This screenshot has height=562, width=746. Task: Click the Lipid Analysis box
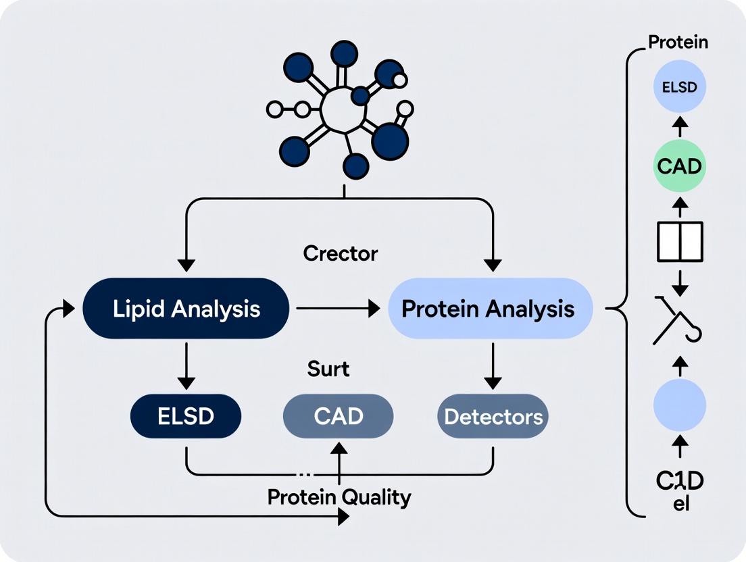[x=186, y=309]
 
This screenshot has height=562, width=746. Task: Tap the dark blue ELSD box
[x=186, y=416]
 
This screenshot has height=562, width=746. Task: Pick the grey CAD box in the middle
[x=338, y=416]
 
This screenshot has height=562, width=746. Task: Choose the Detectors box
[x=493, y=416]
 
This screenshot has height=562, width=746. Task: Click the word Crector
[x=340, y=254]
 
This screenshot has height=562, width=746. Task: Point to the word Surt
[x=328, y=369]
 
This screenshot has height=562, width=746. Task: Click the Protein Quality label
[x=339, y=497]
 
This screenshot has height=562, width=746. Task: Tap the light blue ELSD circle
[x=680, y=87]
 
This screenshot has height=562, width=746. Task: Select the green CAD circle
[x=680, y=166]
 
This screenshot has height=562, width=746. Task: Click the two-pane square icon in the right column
[x=680, y=241]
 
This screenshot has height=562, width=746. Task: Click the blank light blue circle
[x=680, y=405]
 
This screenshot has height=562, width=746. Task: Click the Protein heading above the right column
[x=678, y=42]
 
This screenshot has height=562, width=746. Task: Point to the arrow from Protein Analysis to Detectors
[x=493, y=365]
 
